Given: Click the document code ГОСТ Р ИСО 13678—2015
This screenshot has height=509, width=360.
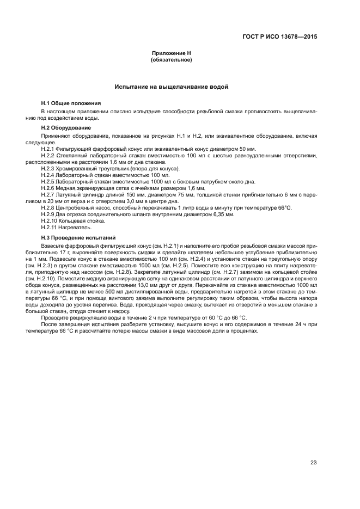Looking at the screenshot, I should pos(279,38).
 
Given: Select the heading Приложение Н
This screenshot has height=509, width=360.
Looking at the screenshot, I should pos(171,53).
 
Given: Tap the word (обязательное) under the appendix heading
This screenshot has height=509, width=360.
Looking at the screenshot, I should pos(171,60).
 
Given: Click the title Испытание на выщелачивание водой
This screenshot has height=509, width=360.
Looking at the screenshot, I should pos(171,87).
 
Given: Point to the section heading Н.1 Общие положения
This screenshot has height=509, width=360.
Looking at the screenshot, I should pos(71,103).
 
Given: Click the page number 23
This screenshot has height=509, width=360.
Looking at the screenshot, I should pos(313,463).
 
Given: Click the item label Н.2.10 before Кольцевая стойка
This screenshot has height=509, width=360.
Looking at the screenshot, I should pos(50,221).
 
